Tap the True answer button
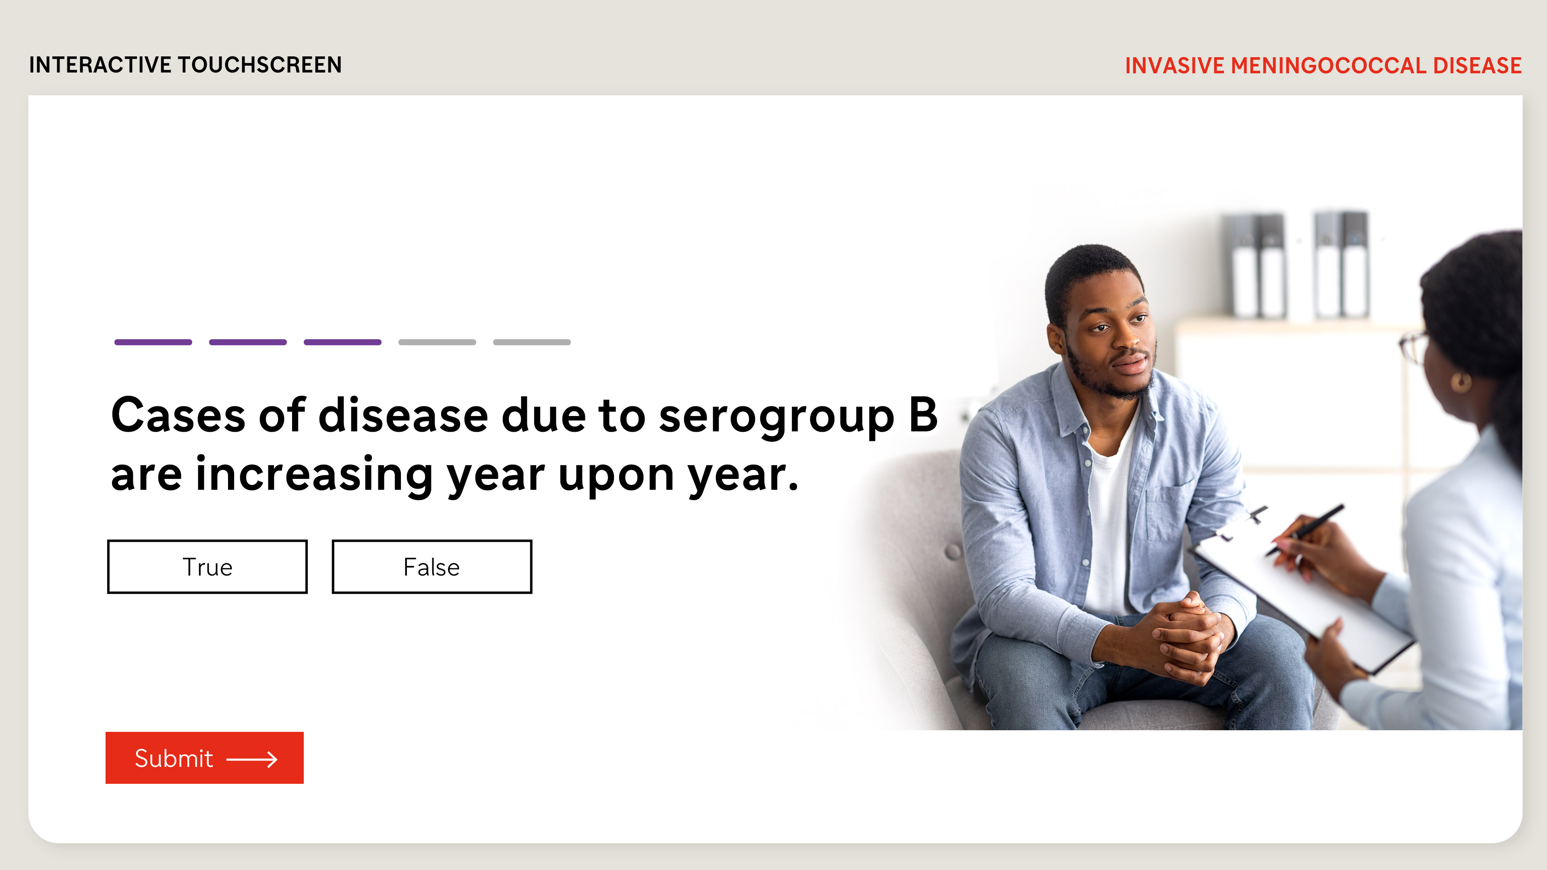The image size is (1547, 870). (x=207, y=567)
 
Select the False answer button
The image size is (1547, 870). (x=432, y=567)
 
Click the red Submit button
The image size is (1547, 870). (x=205, y=758)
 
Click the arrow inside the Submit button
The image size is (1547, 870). (x=252, y=760)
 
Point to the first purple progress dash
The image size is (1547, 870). (x=153, y=342)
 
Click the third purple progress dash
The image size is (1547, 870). (x=342, y=342)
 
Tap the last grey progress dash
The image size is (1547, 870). (x=532, y=342)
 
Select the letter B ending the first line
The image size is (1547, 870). (x=923, y=414)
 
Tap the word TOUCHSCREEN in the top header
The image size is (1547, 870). (x=259, y=65)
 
